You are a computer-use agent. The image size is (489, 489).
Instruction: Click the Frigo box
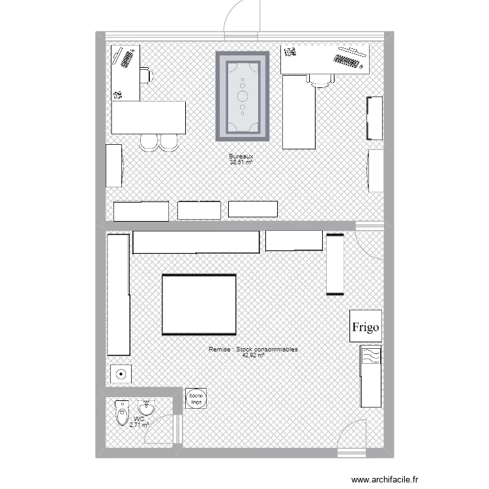pos(366,326)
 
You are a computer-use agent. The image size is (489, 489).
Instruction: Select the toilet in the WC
pos(121,413)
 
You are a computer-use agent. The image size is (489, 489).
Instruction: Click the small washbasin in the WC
pos(147,408)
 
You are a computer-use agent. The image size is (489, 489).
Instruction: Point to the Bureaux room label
pos(241,157)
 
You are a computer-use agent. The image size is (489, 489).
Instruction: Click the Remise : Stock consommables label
pos(253,350)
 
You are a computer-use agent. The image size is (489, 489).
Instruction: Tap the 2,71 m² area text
pos(139,425)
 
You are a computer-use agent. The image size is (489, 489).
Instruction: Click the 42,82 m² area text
pos(253,356)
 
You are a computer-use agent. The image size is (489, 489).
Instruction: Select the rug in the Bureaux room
pos(243,96)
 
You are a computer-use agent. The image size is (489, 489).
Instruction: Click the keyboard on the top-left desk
pos(125,57)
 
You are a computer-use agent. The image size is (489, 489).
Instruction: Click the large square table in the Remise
pos(198,304)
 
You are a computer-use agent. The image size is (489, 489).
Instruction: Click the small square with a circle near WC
pos(121,374)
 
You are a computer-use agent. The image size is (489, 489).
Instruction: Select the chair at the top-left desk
pos(147,76)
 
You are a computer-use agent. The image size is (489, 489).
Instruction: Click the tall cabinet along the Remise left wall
pos(118,295)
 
